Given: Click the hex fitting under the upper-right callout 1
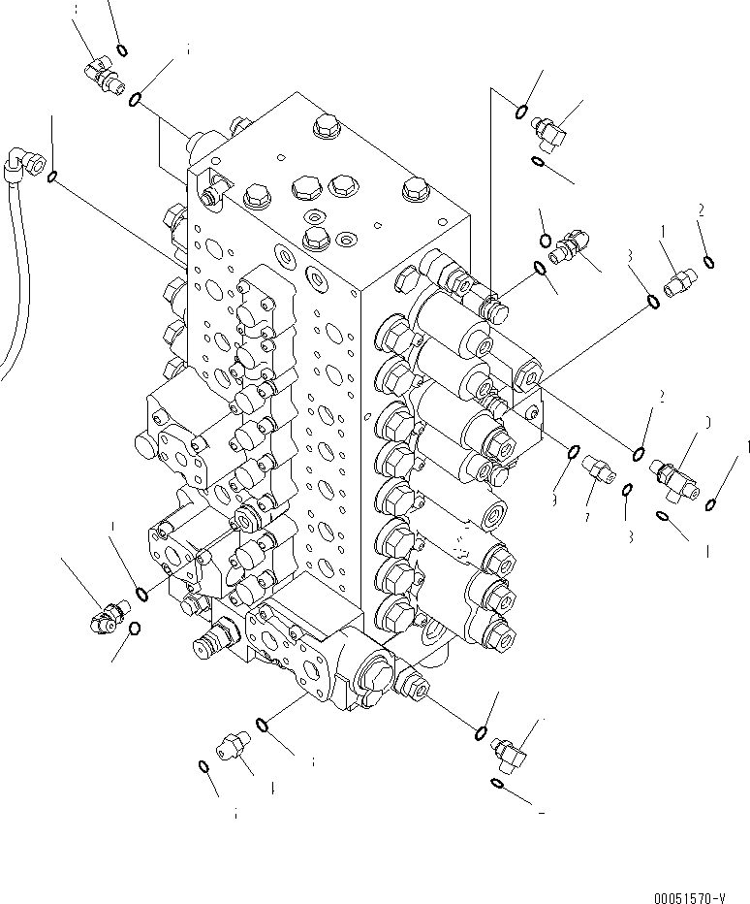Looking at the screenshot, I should click(678, 281).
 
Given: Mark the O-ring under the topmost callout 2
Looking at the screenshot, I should click(710, 260).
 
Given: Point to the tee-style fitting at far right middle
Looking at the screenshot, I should click(679, 468).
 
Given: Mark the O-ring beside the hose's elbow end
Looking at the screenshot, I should click(53, 176).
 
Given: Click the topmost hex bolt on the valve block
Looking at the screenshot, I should click(324, 125).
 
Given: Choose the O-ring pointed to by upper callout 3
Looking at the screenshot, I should click(653, 301).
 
